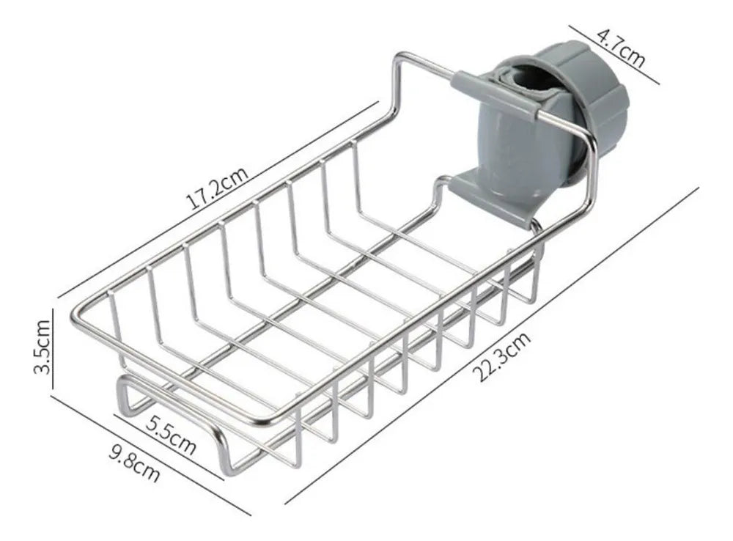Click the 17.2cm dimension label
217,188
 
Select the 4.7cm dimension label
621,48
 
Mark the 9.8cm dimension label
134,464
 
